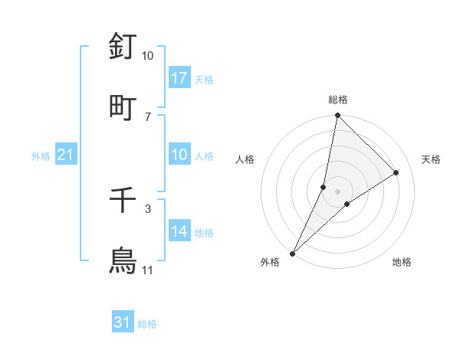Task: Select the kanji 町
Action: [123, 106]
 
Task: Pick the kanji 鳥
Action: [123, 261]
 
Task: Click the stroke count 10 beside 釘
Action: [147, 56]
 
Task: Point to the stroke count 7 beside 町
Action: [147, 116]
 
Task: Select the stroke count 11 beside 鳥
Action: [147, 270]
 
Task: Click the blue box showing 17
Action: [179, 78]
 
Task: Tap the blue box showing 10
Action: [179, 155]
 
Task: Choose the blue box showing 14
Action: [179, 231]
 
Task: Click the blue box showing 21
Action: [66, 155]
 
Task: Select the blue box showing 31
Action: [123, 323]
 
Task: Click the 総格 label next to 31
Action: [148, 324]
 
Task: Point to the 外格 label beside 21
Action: [41, 156]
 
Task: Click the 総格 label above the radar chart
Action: [337, 100]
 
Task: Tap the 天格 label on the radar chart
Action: [432, 159]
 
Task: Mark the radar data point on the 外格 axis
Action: [292, 253]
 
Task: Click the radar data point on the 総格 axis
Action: [337, 115]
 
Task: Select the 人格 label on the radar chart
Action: [245, 159]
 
